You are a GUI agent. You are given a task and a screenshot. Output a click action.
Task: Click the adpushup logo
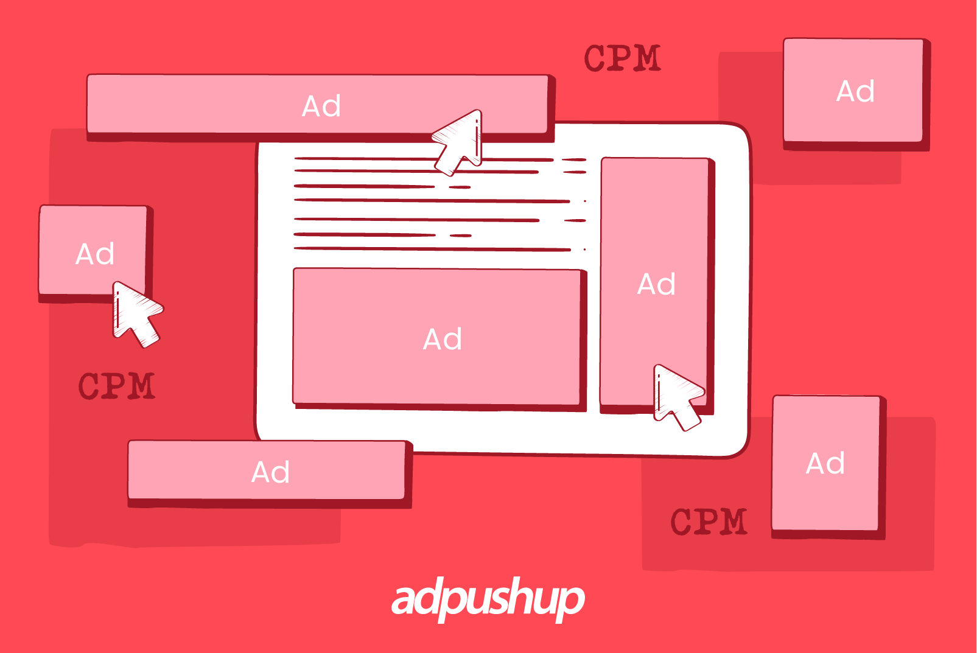pyautogui.click(x=488, y=599)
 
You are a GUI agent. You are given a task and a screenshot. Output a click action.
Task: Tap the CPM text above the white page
pyautogui.click(x=622, y=58)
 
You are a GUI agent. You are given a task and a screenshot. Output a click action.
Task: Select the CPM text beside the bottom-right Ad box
pyautogui.click(x=709, y=522)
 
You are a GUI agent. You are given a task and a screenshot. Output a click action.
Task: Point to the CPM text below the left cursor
pyautogui.click(x=117, y=386)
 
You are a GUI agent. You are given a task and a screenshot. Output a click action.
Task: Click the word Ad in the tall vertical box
pyautogui.click(x=656, y=284)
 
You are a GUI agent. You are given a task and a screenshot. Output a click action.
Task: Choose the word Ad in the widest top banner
pyautogui.click(x=321, y=107)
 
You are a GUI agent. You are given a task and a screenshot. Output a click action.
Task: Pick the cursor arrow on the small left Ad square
pyautogui.click(x=135, y=313)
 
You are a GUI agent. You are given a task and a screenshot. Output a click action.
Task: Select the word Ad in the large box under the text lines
pyautogui.click(x=443, y=339)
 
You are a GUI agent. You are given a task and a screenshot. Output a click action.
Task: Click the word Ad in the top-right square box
pyautogui.click(x=855, y=92)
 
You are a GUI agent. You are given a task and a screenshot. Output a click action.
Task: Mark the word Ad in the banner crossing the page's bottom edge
pyautogui.click(x=270, y=472)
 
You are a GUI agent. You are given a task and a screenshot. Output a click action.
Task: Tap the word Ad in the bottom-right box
pyautogui.click(x=825, y=464)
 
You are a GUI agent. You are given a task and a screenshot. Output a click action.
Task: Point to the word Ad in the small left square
pyautogui.click(x=95, y=254)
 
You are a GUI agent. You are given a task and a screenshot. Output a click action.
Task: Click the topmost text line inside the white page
pyautogui.click(x=365, y=159)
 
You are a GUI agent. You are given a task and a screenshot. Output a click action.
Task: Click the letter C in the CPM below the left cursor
pyautogui.click(x=90, y=386)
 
